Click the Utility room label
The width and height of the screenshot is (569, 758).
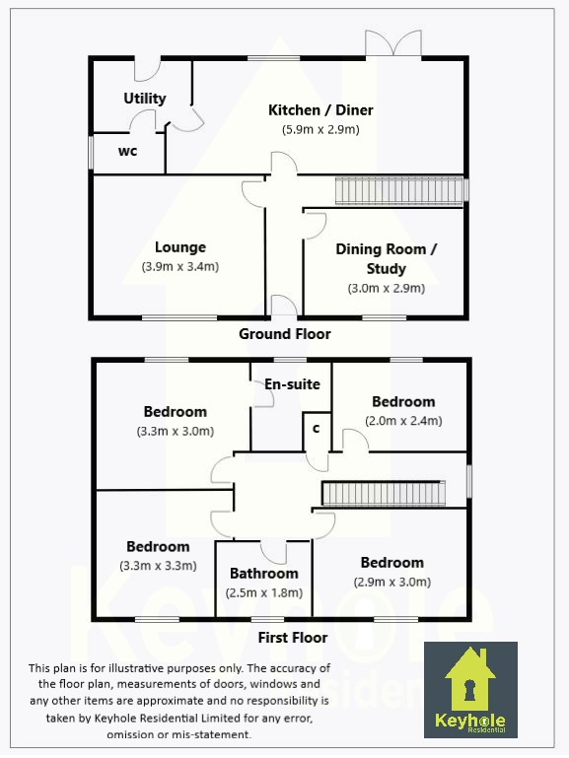145,99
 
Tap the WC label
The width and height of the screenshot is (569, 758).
127,152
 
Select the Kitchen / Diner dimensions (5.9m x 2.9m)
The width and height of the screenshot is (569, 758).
320,129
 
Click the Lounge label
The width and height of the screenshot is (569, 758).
180,247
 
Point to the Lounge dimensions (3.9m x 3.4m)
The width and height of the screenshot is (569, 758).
180,266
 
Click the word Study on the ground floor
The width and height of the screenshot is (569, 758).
386,269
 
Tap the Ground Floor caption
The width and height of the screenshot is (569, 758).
285,334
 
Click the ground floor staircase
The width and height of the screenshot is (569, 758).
399,191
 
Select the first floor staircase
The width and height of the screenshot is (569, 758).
384,494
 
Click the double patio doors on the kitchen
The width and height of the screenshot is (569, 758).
393,43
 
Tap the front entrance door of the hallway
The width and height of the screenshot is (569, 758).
284,306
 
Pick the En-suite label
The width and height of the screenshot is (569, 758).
292,384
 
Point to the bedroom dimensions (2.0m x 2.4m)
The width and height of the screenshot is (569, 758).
403,421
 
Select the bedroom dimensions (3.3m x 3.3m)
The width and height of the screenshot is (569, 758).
158,566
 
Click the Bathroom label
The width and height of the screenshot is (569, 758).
264,574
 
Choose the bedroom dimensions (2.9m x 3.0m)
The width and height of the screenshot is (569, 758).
392,582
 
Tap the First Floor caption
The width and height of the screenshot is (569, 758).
293,638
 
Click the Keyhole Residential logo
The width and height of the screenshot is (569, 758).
470,689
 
